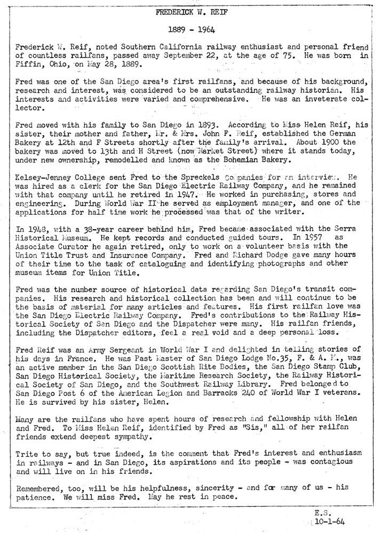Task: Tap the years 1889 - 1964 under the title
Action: point(193,29)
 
